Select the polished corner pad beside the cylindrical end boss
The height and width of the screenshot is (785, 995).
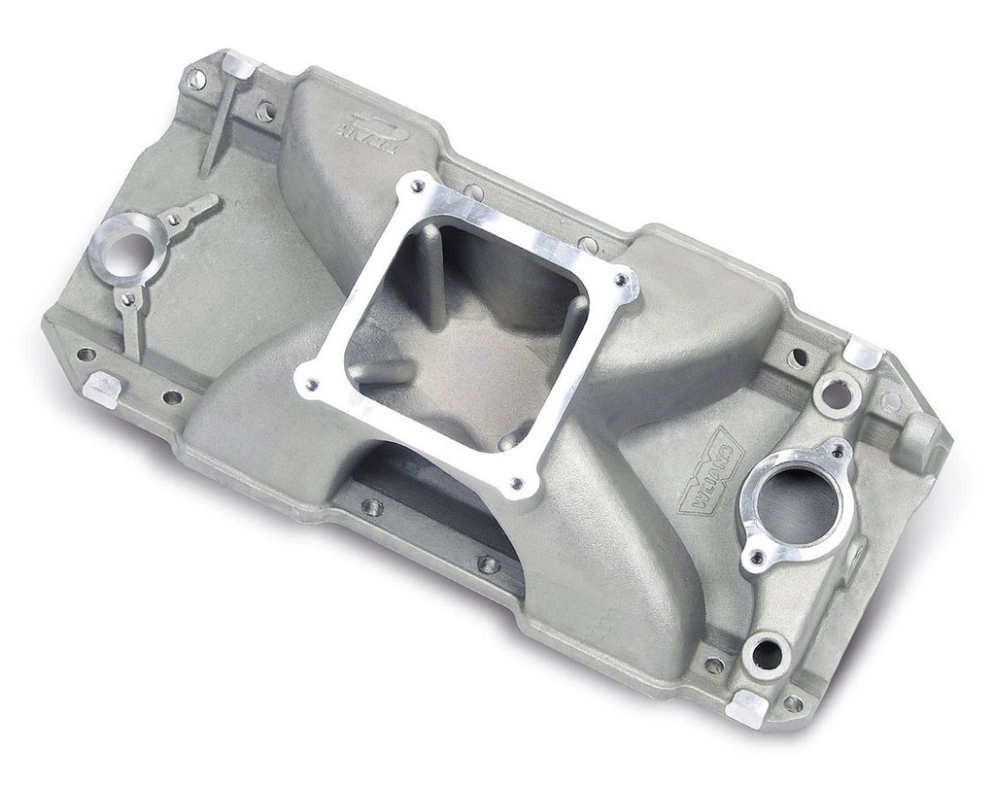tap(861, 353)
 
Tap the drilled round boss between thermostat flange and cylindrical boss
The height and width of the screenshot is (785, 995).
tap(837, 394)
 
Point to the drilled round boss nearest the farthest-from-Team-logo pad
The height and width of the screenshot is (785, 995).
tap(767, 654)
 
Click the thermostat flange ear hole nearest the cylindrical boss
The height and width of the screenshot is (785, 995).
tap(837, 451)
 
